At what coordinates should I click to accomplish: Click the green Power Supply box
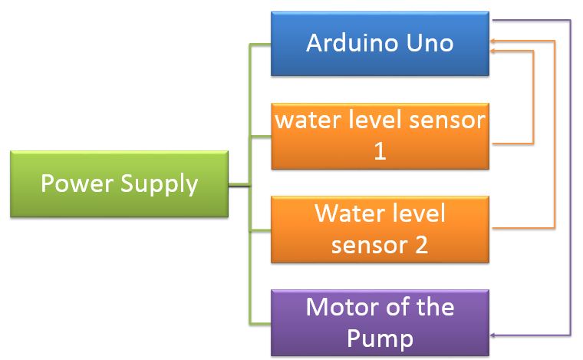pyautogui.click(x=119, y=184)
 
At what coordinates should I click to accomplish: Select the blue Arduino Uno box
pyautogui.click(x=380, y=43)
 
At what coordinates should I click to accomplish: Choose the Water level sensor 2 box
pyautogui.click(x=380, y=228)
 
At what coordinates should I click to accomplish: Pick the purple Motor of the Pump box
pyautogui.click(x=380, y=322)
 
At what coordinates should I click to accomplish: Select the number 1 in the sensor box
pyautogui.click(x=379, y=151)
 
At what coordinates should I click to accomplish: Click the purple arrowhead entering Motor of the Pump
pyautogui.click(x=495, y=335)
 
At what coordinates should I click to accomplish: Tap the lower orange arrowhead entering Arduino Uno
pyautogui.click(x=495, y=51)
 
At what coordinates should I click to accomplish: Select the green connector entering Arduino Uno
pyautogui.click(x=261, y=44)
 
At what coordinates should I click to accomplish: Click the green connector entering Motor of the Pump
pyautogui.click(x=261, y=322)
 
